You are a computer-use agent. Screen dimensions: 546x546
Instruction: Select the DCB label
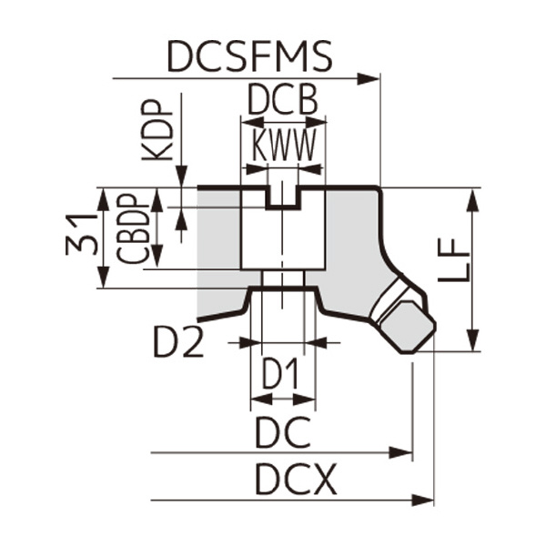pyautogui.click(x=283, y=100)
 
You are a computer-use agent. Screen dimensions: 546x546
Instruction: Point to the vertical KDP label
pyautogui.click(x=158, y=130)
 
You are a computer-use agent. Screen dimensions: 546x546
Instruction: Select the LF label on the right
pyautogui.click(x=457, y=262)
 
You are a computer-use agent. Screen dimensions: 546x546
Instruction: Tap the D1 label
pyautogui.click(x=283, y=374)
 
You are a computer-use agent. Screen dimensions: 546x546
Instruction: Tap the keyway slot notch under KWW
pyautogui.click(x=283, y=197)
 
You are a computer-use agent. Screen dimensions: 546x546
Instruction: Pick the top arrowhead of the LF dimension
pyautogui.click(x=472, y=198)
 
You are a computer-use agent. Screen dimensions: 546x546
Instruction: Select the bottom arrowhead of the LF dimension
pyautogui.click(x=472, y=340)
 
